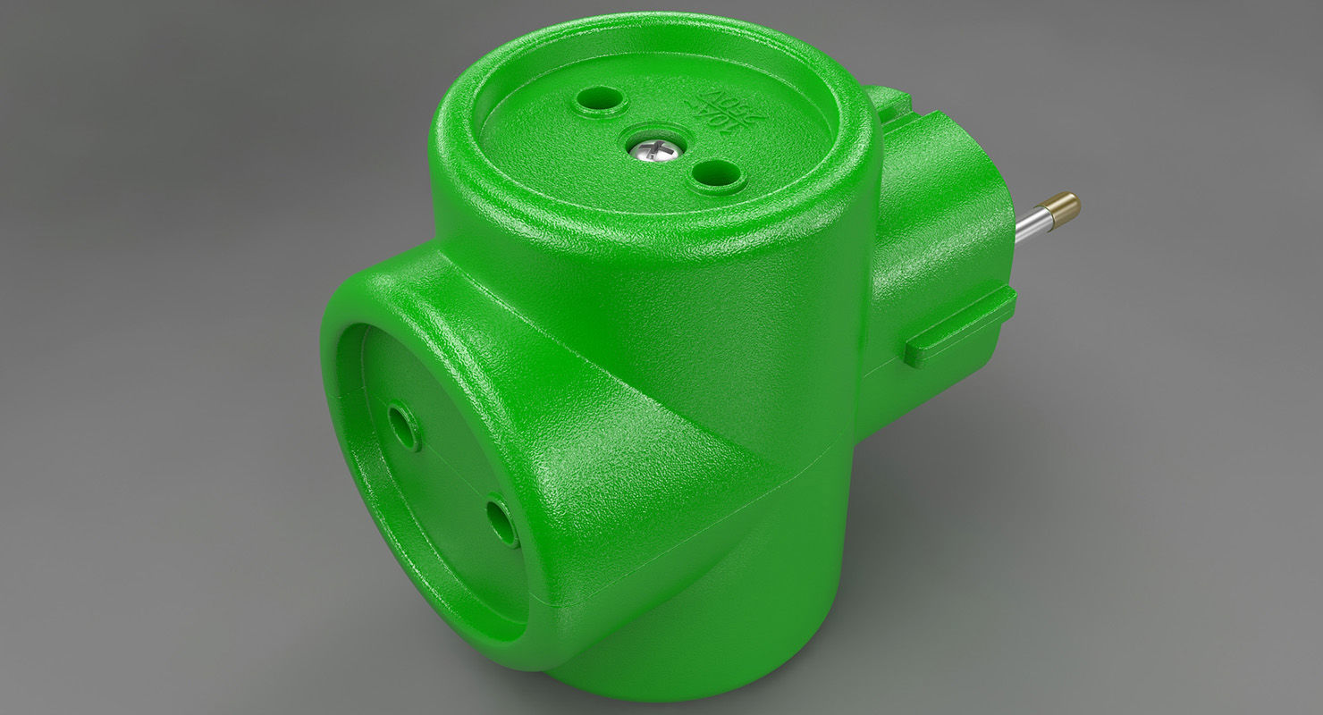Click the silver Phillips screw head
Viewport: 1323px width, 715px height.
coord(655,149)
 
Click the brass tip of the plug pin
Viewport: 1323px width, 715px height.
coord(1066,208)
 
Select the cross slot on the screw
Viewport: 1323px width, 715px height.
coord(656,148)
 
